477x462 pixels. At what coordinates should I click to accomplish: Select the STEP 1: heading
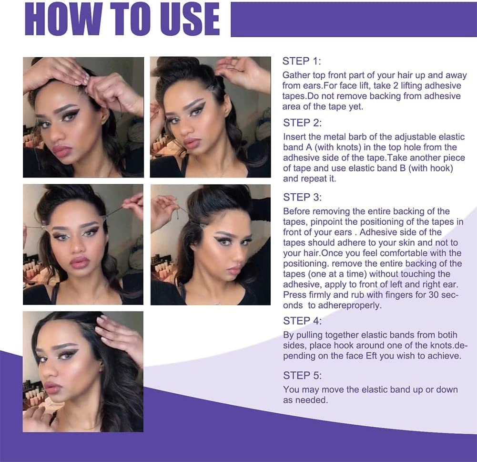coord(302,61)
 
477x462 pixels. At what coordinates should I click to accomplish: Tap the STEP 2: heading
coord(302,123)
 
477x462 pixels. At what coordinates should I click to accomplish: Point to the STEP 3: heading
coord(302,198)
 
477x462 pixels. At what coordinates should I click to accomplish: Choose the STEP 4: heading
coord(302,321)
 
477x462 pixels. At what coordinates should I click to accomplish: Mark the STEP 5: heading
coord(302,376)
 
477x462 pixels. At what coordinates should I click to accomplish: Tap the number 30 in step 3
coord(434,294)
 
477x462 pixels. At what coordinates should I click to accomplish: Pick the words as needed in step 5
coord(305,400)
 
